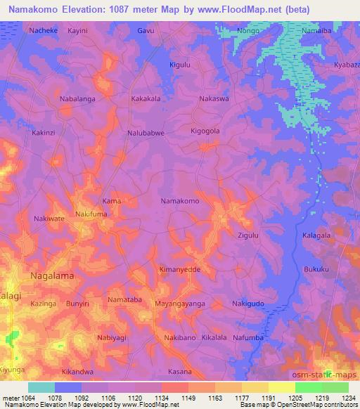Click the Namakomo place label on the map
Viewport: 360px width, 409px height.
pos(181,201)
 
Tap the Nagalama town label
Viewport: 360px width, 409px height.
pos(52,276)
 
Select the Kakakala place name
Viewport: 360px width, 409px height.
pos(146,99)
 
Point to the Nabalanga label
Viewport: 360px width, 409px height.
pos(77,99)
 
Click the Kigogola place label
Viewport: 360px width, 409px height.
pos(206,131)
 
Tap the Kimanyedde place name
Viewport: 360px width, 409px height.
pos(180,270)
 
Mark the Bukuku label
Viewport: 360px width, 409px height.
pos(316,268)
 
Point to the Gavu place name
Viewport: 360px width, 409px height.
pos(146,31)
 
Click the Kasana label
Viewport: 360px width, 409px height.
pos(181,371)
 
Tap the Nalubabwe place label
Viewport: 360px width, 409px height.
pos(146,132)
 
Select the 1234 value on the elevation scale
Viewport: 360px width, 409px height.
pos(347,398)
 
